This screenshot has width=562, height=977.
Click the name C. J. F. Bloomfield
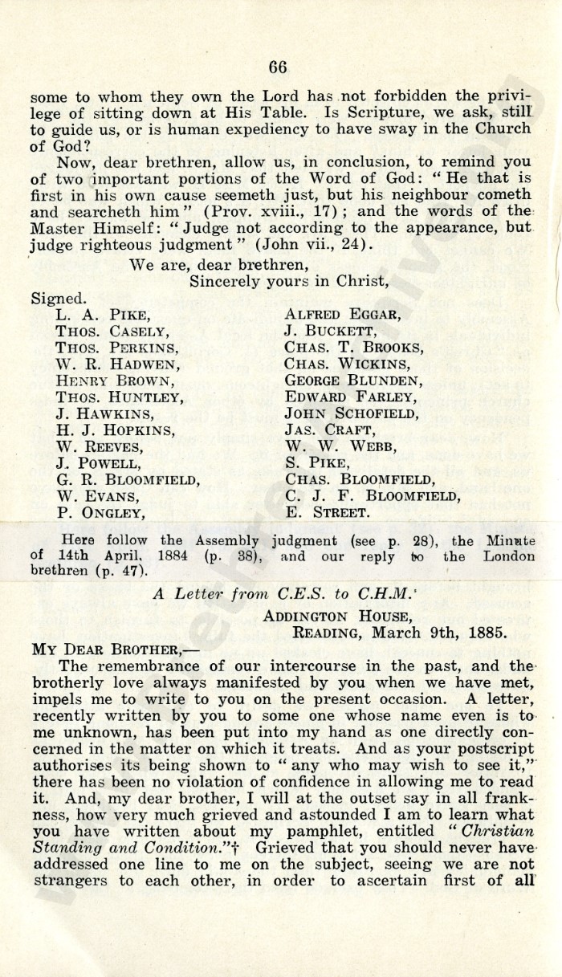373,496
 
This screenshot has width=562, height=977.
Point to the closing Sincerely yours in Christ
279,281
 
